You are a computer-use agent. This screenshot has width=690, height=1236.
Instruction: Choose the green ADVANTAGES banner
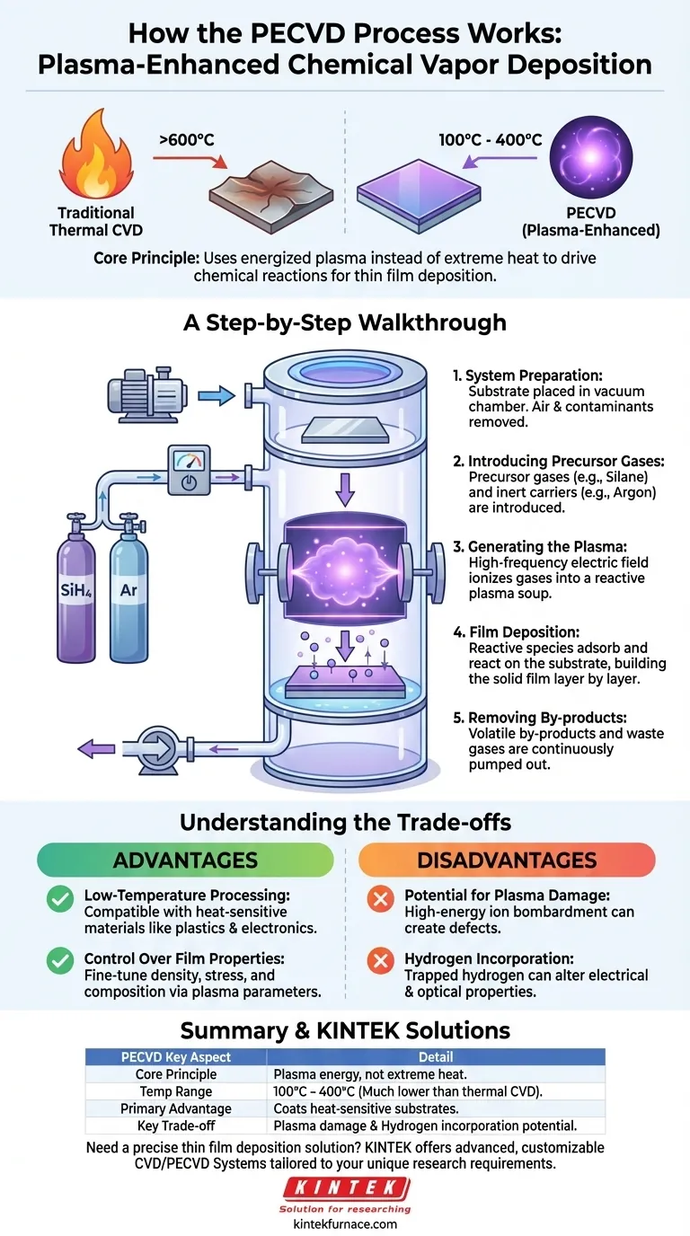click(x=184, y=860)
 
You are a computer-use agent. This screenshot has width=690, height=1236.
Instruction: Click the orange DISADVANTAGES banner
click(x=507, y=860)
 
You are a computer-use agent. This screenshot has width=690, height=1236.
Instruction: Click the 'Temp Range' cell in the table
click(x=176, y=1091)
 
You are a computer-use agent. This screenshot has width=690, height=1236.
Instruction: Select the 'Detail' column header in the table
click(x=436, y=1057)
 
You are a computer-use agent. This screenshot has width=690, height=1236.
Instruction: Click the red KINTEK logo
click(x=346, y=1187)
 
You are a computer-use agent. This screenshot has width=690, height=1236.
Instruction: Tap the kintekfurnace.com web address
click(x=345, y=1223)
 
